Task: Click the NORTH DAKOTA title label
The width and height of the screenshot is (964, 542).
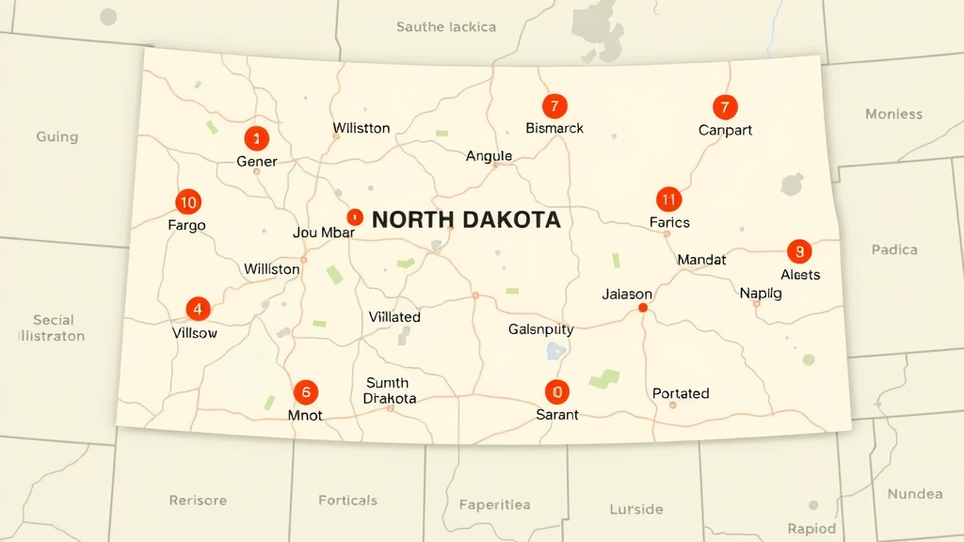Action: pos(466,220)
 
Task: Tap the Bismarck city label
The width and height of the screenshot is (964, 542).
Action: pos(554,128)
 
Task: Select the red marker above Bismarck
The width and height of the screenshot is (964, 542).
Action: pos(554,106)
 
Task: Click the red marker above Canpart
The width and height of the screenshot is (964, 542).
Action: pos(724,107)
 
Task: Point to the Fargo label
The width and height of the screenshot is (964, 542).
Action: pos(186,226)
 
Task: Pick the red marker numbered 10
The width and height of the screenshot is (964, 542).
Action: pos(188,201)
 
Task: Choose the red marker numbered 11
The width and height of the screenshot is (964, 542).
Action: pos(668,199)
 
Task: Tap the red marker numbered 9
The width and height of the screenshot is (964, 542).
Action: pos(799,251)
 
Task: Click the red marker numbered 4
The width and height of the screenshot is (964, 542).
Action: pos(198,309)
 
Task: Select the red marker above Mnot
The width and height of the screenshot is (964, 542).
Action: pos(305,392)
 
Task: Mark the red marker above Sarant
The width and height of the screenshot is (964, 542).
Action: pos(556,392)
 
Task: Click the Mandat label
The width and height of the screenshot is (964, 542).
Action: pos(701,259)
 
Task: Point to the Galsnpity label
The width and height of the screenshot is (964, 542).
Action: pos(540,329)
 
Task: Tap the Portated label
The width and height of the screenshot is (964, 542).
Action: pos(681,393)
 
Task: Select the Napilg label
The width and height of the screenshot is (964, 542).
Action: pos(761,293)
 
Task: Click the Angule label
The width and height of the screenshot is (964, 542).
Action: pos(489,156)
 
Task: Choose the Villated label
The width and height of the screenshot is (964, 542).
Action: pos(394,317)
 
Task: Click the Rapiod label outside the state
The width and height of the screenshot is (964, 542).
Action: pos(811,528)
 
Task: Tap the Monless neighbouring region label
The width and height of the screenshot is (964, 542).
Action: pos(893,115)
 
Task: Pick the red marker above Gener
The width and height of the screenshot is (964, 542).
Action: pos(256,139)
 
